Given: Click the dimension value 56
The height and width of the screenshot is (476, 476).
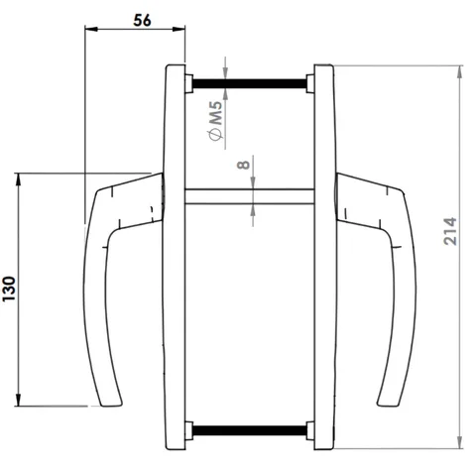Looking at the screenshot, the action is click(142, 20).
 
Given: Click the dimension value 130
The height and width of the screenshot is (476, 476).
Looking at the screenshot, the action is click(10, 289).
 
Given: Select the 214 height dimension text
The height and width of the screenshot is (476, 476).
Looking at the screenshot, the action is click(449, 231).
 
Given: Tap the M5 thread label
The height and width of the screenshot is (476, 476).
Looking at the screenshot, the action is click(216, 113).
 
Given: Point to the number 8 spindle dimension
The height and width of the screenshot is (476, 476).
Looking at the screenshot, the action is click(244, 164).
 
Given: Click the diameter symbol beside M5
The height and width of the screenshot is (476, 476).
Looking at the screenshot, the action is click(215, 135).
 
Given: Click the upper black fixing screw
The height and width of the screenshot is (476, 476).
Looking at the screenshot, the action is click(250, 83).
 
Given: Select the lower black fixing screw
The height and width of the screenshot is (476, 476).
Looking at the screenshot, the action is click(250, 430).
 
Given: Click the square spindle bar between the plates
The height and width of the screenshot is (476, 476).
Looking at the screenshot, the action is click(250, 196).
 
